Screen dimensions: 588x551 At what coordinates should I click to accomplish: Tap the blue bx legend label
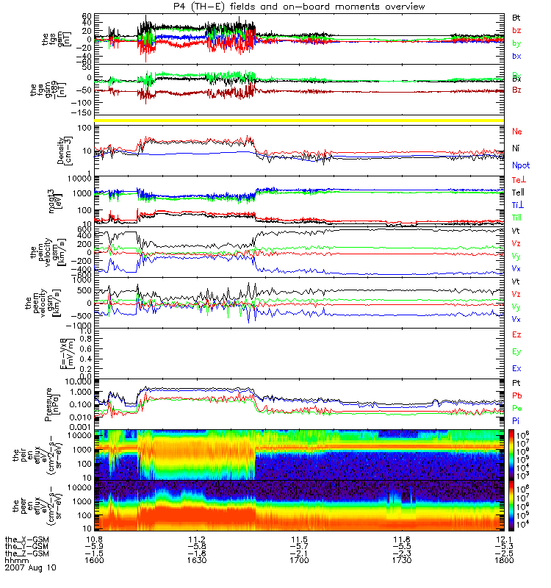516,56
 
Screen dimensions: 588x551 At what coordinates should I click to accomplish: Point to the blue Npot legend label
519,166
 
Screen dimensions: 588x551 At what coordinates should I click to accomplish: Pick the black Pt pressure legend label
516,384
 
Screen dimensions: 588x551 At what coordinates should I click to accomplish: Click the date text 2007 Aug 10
30,568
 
